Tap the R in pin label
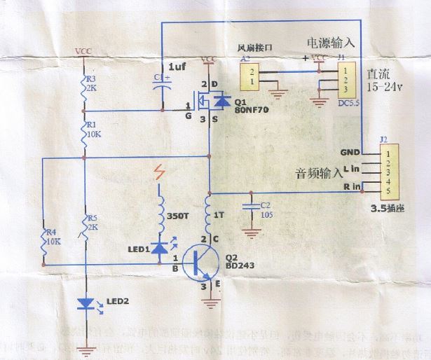click(351, 186)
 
